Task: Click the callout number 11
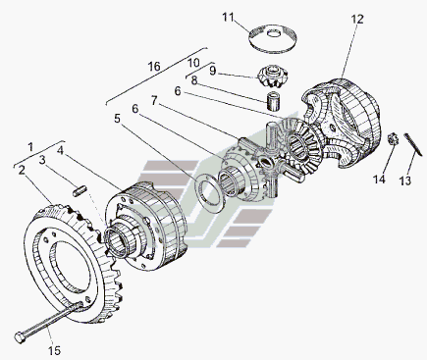[x=228, y=18]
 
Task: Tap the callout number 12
[x=357, y=20]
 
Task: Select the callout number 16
[x=154, y=67]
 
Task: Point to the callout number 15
[x=55, y=350]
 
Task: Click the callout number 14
[x=379, y=180]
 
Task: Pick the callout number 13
[x=405, y=180]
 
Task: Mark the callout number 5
[x=117, y=119]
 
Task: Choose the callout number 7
[x=154, y=100]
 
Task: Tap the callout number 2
[x=22, y=170]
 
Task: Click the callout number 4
[x=60, y=151]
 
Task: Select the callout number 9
[x=213, y=71]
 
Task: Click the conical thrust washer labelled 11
[x=273, y=38]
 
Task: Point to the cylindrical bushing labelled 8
[x=274, y=102]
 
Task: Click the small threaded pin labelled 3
[x=80, y=191]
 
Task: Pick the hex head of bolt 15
[x=21, y=336]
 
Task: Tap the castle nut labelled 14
[x=393, y=139]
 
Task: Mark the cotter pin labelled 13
[x=410, y=143]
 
